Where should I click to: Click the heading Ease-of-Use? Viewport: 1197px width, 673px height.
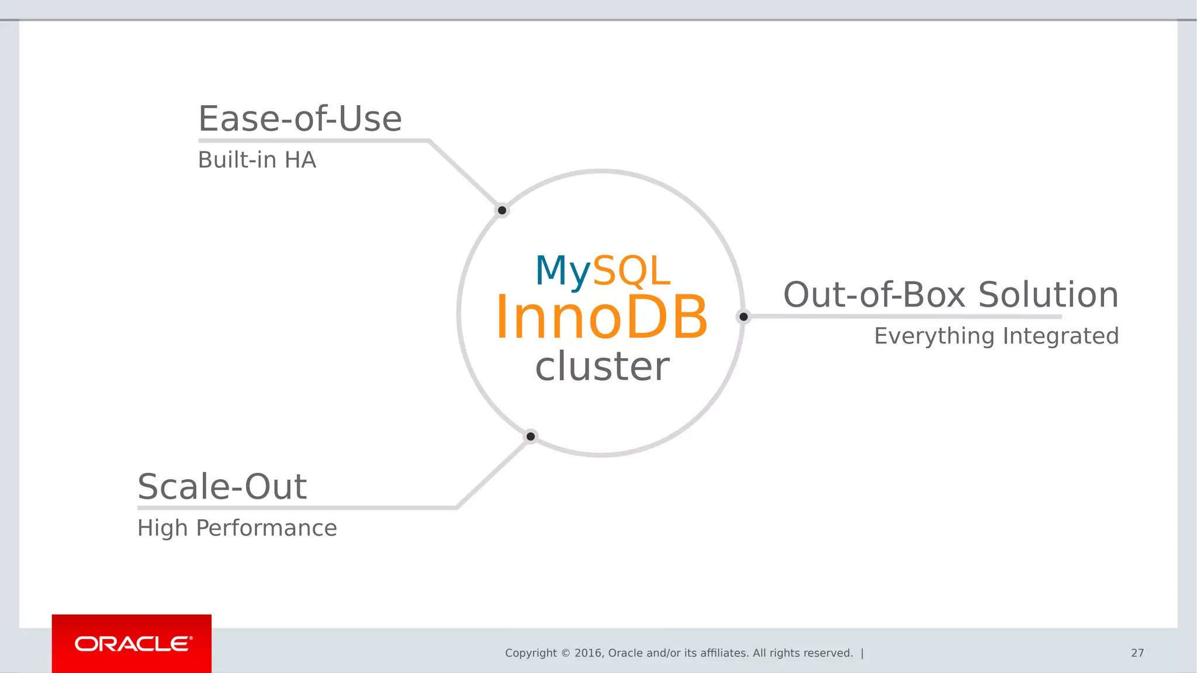click(300, 119)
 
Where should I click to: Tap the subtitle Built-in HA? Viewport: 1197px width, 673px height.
click(257, 160)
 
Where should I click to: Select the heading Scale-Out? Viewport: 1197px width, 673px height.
click(222, 487)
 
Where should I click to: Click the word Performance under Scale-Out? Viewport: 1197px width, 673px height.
click(266, 528)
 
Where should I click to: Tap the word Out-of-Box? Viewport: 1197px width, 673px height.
click(874, 294)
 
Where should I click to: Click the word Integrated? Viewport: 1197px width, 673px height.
click(1061, 336)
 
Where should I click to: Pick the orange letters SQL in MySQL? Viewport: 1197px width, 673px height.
click(632, 271)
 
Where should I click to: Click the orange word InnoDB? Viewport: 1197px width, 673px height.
click(601, 317)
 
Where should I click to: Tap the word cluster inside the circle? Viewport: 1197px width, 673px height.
click(602, 366)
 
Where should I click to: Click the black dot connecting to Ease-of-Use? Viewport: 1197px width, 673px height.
click(502, 210)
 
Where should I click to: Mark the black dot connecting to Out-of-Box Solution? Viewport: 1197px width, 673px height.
click(743, 317)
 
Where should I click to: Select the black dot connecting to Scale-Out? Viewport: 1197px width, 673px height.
click(531, 436)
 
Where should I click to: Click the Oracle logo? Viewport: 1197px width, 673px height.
click(132, 644)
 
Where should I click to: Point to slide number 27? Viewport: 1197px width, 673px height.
click(1137, 653)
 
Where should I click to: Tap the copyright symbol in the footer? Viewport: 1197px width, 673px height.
click(565, 653)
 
